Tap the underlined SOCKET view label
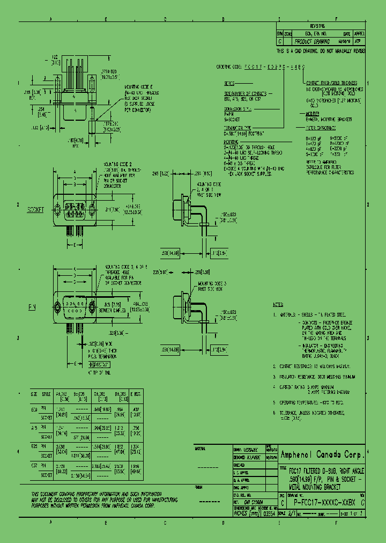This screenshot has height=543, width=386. pos(35,210)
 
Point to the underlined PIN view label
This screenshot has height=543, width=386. pos(33,307)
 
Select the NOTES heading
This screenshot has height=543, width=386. pos(278,304)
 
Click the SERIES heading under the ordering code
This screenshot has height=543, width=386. pos(229,84)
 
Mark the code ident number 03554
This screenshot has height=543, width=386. pos(272,512)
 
